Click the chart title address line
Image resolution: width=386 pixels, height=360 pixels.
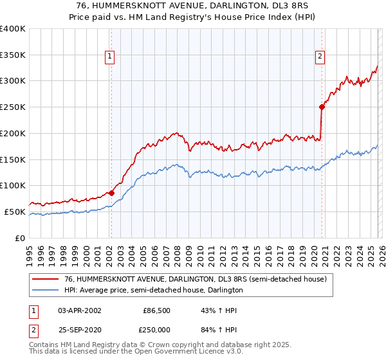pos(193,5)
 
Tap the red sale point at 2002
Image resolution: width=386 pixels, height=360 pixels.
pos(111,192)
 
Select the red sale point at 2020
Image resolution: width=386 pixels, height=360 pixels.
pos(322,107)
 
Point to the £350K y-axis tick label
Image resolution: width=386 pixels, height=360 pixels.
pos(13,55)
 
